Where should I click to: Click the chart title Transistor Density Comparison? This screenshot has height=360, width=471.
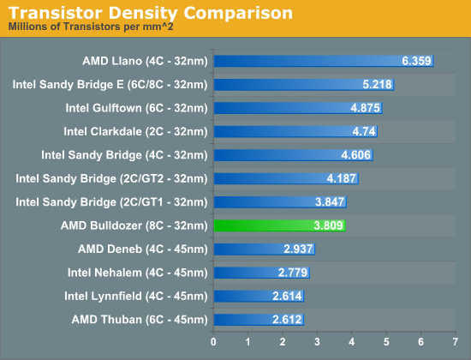click(x=151, y=13)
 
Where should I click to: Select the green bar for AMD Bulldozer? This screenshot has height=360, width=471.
click(x=278, y=225)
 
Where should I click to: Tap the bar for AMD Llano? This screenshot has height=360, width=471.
click(x=323, y=61)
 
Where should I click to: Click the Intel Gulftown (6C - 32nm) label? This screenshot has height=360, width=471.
click(x=136, y=108)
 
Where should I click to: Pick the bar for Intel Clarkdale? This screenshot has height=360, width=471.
click(x=295, y=131)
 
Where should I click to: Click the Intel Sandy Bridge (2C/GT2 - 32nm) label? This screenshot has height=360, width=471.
click(x=111, y=178)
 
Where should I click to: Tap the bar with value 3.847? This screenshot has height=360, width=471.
click(x=279, y=201)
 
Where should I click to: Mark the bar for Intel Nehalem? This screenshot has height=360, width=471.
click(x=261, y=272)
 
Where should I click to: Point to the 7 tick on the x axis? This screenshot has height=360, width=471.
click(x=454, y=342)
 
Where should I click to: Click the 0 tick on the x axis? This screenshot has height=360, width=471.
click(x=213, y=342)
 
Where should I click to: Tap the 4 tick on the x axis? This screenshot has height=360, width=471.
click(x=351, y=342)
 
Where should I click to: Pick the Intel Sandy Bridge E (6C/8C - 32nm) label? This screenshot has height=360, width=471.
click(x=110, y=85)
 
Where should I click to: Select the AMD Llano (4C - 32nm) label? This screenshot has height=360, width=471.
click(x=145, y=61)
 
